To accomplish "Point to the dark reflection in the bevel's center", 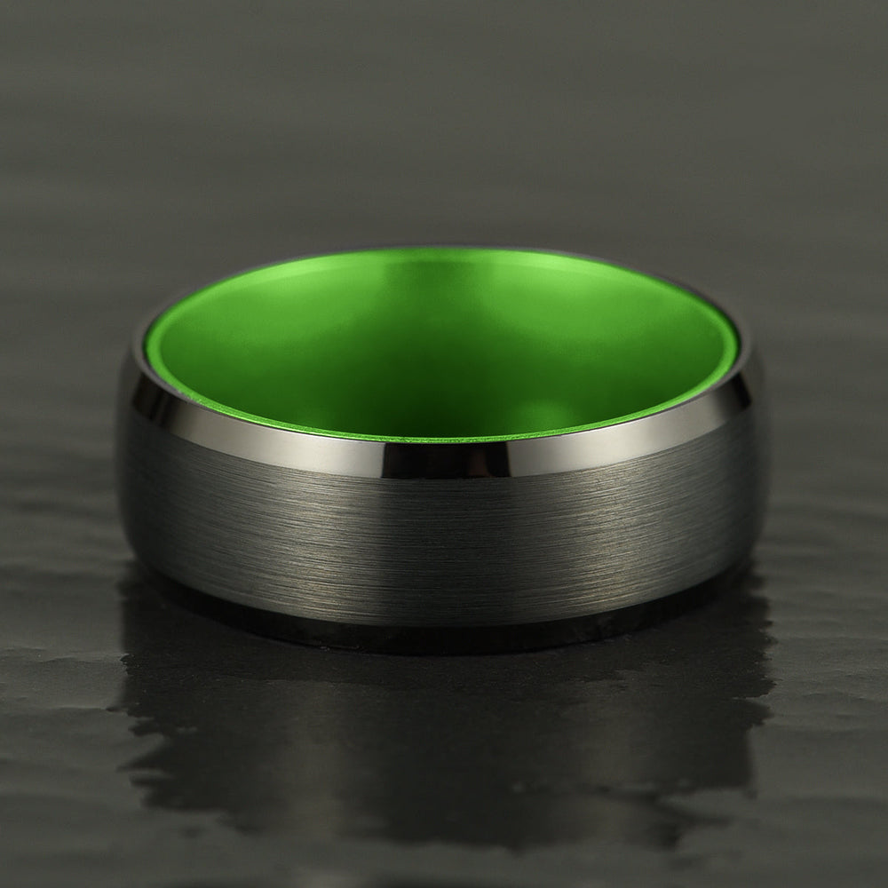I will click(x=444, y=459).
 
